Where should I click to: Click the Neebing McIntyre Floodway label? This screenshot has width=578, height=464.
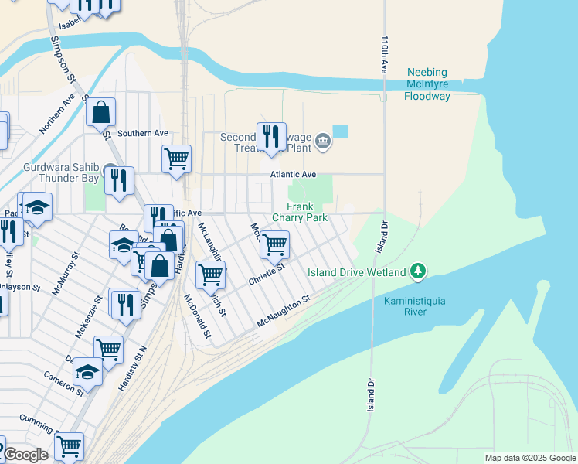point(438,84)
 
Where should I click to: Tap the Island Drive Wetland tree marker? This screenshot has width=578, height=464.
point(418,271)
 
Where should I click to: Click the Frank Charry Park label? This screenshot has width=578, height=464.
point(307,212)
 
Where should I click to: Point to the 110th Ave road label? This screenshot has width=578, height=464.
point(383,54)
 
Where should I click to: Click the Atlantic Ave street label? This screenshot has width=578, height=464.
point(293,175)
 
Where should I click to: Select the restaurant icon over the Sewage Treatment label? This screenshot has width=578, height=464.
point(271,136)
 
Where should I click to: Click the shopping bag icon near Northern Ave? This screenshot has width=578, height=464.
point(101,112)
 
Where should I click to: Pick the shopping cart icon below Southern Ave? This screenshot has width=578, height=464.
point(176,159)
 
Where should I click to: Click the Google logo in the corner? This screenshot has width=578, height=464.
point(25,455)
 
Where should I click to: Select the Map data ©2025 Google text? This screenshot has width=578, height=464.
point(529,458)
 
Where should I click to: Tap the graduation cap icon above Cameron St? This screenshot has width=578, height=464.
point(88,372)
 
